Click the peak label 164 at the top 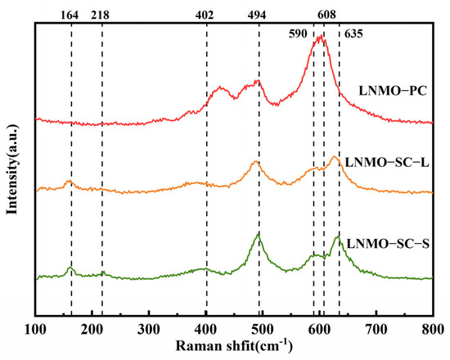tap(70, 15)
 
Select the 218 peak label tap(100, 15)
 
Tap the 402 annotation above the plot tap(205, 15)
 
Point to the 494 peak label tap(257, 15)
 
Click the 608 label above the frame tap(326, 15)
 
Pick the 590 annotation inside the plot tap(298, 34)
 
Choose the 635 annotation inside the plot tap(353, 34)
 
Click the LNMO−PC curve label tap(393, 92)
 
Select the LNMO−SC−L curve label tap(387, 163)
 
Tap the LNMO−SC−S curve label tap(388, 244)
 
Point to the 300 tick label tap(149, 330)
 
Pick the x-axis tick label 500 tap(263, 330)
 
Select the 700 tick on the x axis tap(376, 330)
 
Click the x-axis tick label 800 tap(433, 330)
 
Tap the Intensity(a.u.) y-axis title tap(12, 169)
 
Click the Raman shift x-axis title tap(234, 345)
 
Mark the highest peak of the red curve tap(321, 36)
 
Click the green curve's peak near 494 tap(258, 235)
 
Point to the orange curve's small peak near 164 tap(69, 181)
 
